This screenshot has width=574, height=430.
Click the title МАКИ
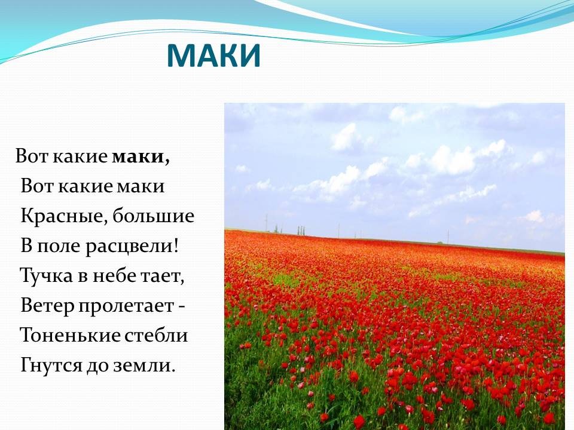213,56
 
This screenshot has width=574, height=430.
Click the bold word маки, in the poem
141,157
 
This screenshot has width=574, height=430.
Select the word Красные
65,216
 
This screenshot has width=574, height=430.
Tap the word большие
154,216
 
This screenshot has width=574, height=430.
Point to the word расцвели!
132,246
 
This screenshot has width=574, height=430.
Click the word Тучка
46,275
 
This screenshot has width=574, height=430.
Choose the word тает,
163,276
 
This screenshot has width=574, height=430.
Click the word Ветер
47,305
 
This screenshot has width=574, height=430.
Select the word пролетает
126,306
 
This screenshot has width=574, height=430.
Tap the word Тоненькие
70,335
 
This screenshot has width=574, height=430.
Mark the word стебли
156,335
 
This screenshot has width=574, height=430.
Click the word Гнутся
51,365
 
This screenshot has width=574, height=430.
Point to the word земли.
145,365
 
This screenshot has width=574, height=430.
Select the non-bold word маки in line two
141,187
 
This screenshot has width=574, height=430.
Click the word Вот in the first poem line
32,156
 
